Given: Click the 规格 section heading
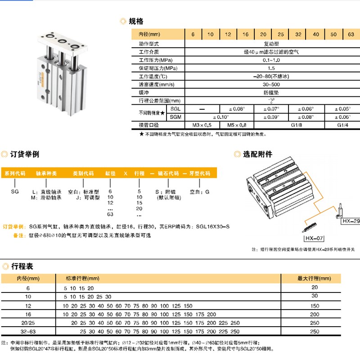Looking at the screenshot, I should click(135, 21).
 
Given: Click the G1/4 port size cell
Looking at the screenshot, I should click(342, 125).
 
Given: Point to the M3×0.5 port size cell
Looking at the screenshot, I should click(202, 125).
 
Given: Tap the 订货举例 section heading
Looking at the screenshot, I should click(24, 154).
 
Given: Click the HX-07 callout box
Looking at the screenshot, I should click(315, 238).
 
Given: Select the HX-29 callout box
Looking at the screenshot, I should click(351, 221).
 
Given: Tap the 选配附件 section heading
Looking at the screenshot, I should click(257, 154).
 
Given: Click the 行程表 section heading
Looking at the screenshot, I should click(21, 266).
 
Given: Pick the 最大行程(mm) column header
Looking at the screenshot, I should click(314, 279).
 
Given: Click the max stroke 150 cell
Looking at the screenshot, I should click(314, 305).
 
